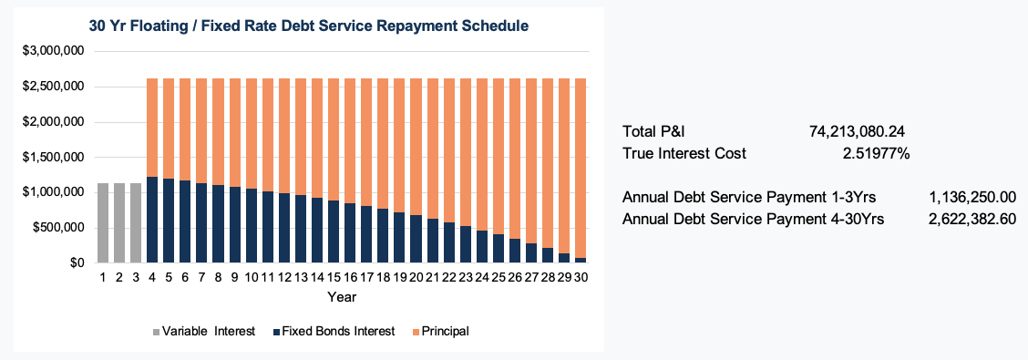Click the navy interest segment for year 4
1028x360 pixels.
click(x=153, y=220)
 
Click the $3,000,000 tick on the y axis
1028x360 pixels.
click(x=53, y=51)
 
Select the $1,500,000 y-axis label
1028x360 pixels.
click(x=53, y=157)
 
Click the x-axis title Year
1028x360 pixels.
click(x=342, y=297)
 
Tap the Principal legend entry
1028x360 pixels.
click(x=445, y=331)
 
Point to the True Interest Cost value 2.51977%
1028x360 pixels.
click(x=875, y=153)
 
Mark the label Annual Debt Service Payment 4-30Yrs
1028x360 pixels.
click(x=752, y=219)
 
